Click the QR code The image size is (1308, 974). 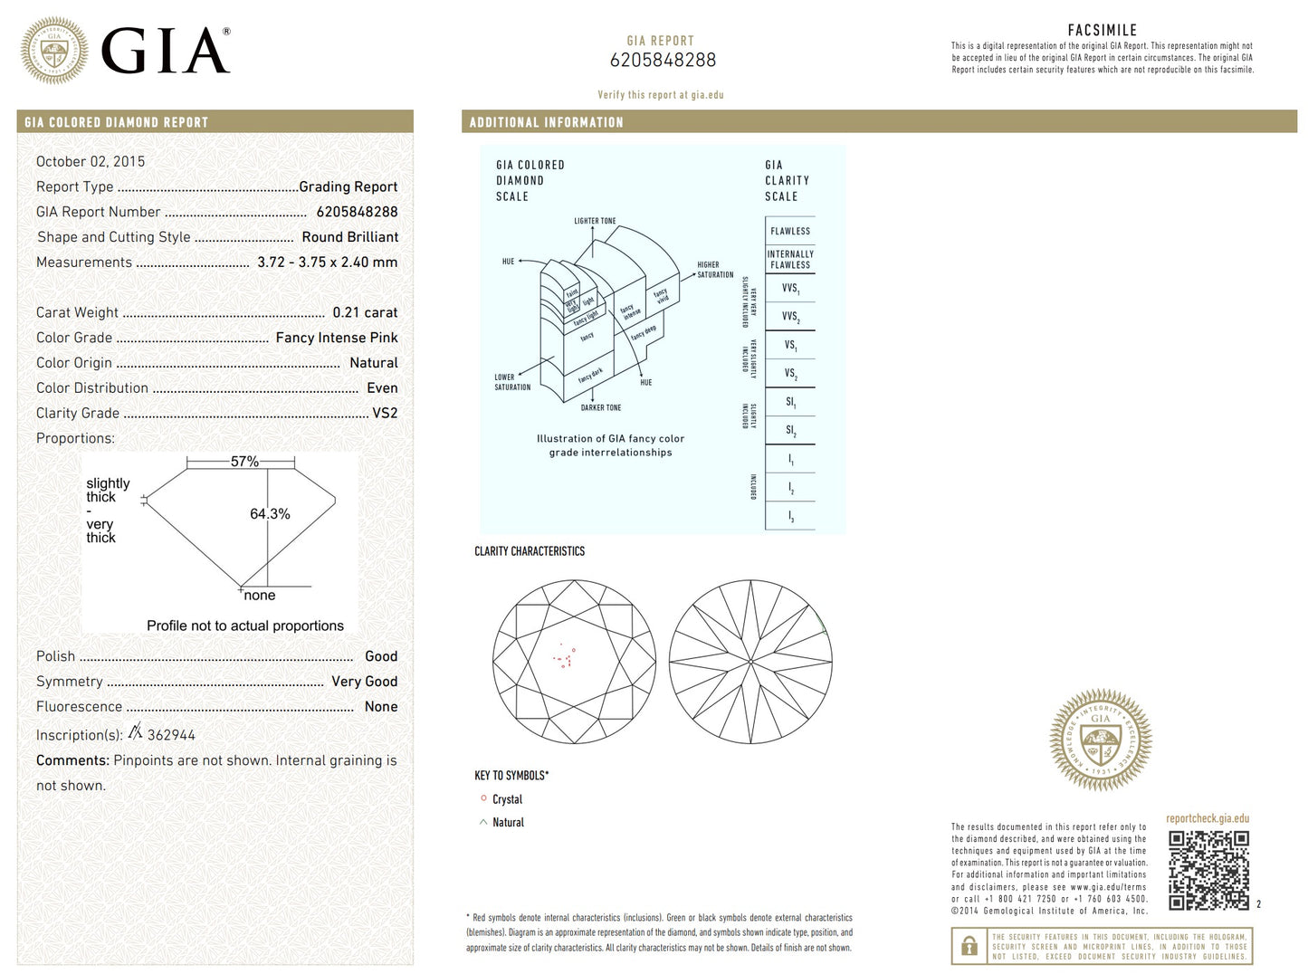pyautogui.click(x=1208, y=870)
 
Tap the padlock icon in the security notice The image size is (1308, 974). pyautogui.click(x=969, y=947)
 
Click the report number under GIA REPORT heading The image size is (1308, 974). pyautogui.click(x=663, y=61)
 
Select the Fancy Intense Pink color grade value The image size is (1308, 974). pyautogui.click(x=337, y=338)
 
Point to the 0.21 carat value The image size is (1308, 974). pyautogui.click(x=365, y=312)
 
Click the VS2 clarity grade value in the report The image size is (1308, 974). pyautogui.click(x=385, y=413)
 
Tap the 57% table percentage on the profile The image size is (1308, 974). pyautogui.click(x=244, y=462)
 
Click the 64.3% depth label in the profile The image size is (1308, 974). pyautogui.click(x=270, y=514)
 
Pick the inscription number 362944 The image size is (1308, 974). pyautogui.click(x=171, y=735)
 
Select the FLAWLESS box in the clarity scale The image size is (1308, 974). pyautogui.click(x=790, y=231)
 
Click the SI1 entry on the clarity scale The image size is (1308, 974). pyautogui.click(x=790, y=402)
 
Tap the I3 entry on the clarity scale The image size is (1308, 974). pyautogui.click(x=790, y=516)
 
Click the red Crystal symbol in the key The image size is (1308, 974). pyautogui.click(x=483, y=798)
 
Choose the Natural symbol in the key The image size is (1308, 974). pyautogui.click(x=483, y=822)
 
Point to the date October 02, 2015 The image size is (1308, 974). pyautogui.click(x=91, y=161)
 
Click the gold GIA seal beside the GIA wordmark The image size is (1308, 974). pyautogui.click(x=54, y=51)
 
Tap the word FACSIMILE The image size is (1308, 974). pyautogui.click(x=1102, y=30)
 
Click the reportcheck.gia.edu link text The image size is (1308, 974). pyautogui.click(x=1208, y=818)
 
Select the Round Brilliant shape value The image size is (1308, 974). pyautogui.click(x=349, y=237)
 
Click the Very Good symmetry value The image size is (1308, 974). pyautogui.click(x=364, y=682)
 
